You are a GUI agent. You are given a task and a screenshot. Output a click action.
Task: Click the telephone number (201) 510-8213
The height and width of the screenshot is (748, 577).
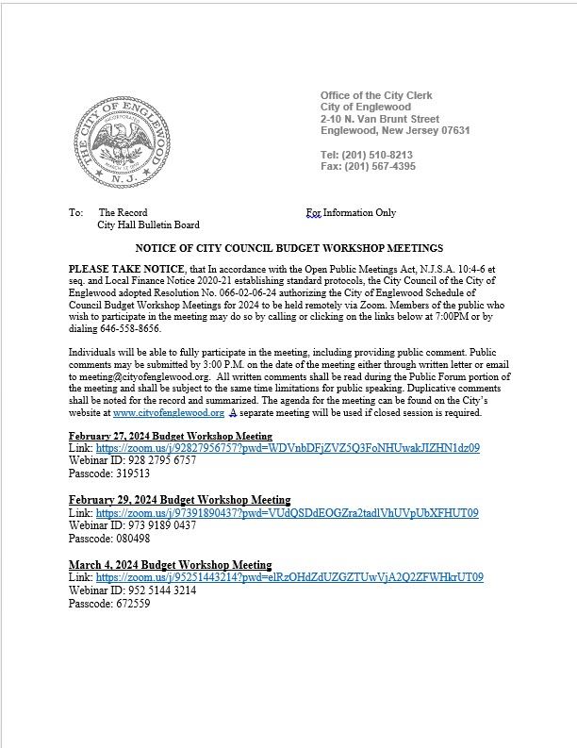pyautogui.click(x=378, y=154)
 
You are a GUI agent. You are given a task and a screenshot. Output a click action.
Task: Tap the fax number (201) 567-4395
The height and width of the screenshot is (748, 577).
pyautogui.click(x=379, y=167)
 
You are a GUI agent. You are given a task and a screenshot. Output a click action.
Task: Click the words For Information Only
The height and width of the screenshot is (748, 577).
pyautogui.click(x=351, y=213)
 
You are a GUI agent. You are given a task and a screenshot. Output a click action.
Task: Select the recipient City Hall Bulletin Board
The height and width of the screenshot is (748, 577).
pyautogui.click(x=148, y=225)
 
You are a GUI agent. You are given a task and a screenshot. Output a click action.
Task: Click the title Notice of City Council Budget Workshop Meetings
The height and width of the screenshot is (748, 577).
pyautogui.click(x=289, y=249)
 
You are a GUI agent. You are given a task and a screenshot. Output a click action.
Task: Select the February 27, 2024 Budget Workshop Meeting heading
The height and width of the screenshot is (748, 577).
pyautogui.click(x=171, y=437)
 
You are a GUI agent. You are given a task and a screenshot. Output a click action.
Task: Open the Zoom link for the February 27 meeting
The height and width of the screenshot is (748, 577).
pyautogui.click(x=288, y=448)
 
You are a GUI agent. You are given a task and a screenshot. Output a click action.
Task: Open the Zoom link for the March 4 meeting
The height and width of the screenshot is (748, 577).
pyautogui.click(x=289, y=576)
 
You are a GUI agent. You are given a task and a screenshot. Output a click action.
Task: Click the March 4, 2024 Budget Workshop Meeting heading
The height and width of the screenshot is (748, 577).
pyautogui.click(x=171, y=564)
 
